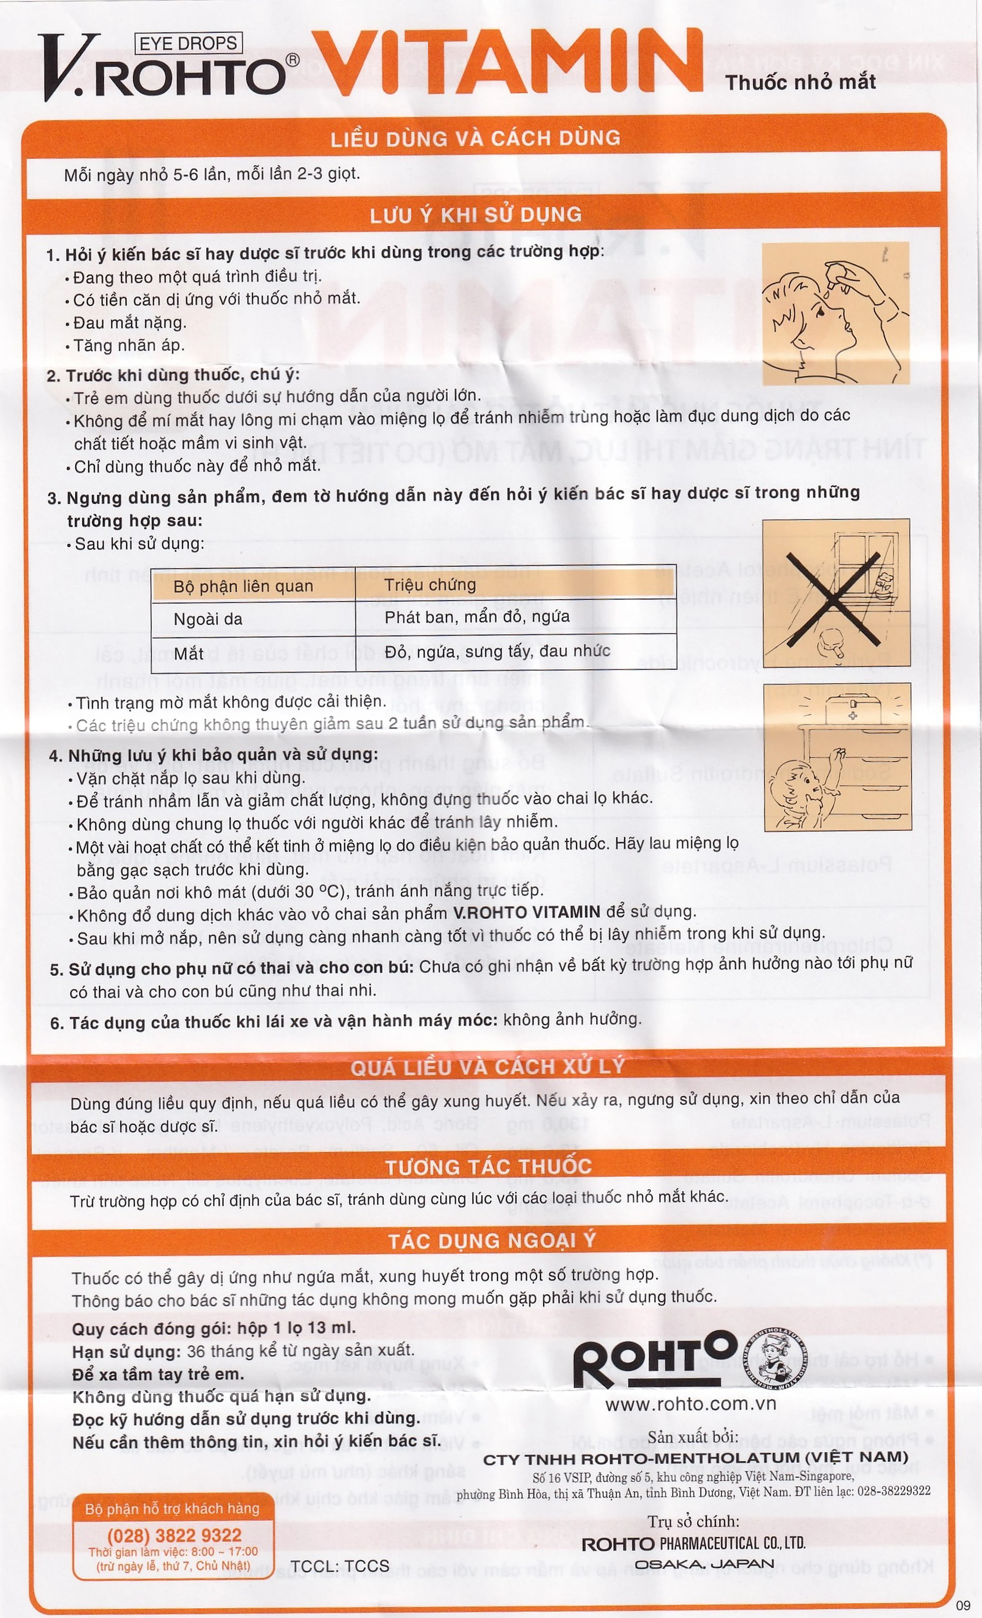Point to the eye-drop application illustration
click(835, 313)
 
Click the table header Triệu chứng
click(430, 584)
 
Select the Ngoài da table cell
click(208, 619)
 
